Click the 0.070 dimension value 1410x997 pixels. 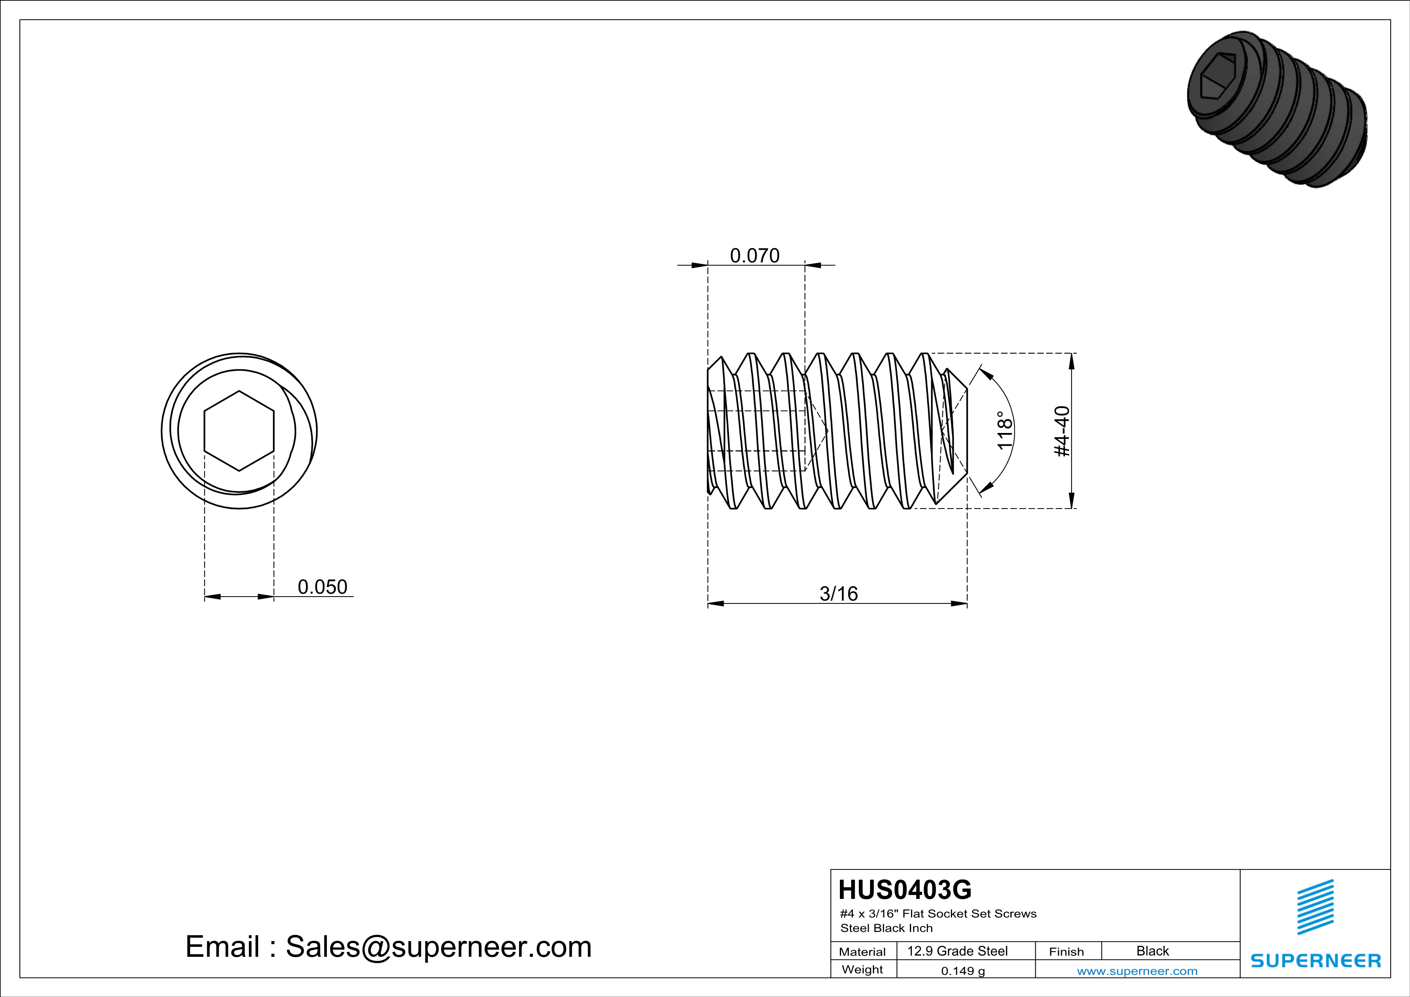click(755, 255)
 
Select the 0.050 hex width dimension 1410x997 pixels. click(322, 587)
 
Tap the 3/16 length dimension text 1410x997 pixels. click(839, 594)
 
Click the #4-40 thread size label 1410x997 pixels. click(1062, 431)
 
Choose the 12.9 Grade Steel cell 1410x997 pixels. click(957, 951)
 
